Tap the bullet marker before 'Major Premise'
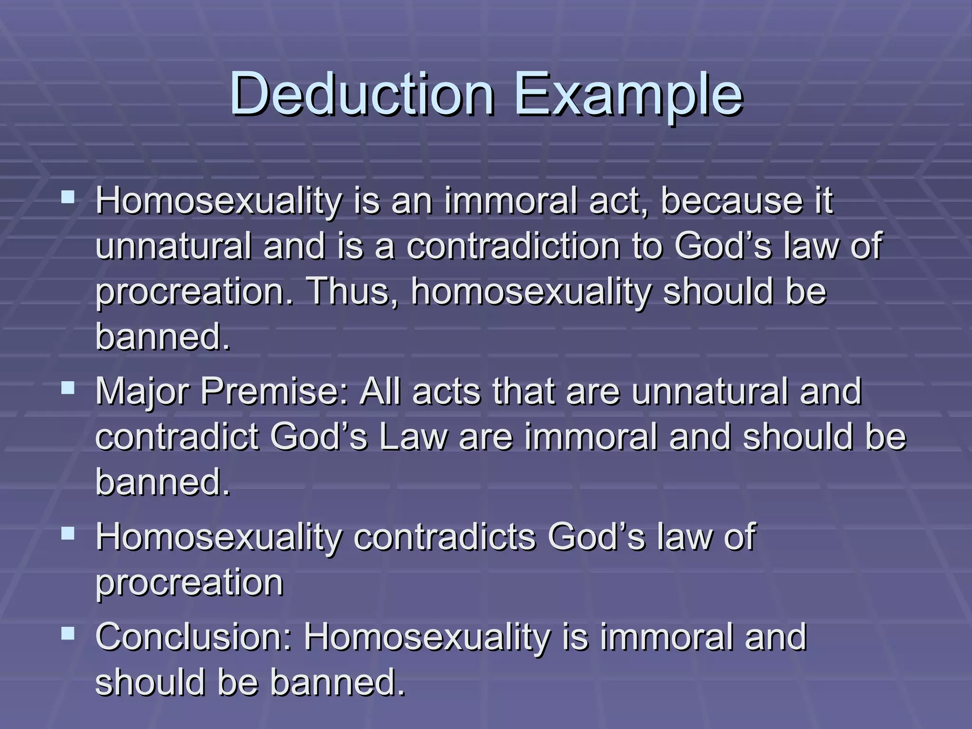tap(68, 389)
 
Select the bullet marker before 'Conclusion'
tap(68, 634)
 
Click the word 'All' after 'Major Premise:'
tap(380, 392)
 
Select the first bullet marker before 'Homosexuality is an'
tap(68, 196)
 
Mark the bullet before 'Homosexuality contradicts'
tap(68, 534)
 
